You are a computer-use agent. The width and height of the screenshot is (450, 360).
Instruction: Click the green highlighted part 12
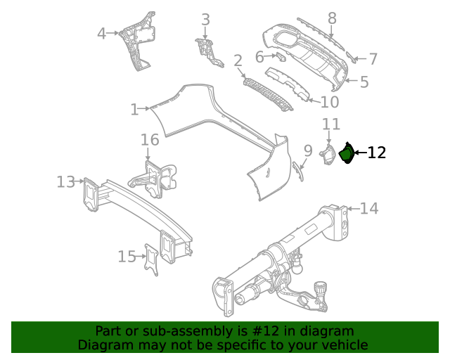(x=347, y=154)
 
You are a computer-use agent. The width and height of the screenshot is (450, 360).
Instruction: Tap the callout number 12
(x=377, y=153)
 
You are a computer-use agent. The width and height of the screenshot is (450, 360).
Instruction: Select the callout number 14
(x=369, y=208)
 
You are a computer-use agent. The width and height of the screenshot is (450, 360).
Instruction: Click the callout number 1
(x=134, y=109)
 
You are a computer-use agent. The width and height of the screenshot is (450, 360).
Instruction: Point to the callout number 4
(x=101, y=33)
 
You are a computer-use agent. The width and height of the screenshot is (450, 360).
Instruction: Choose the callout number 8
(x=332, y=18)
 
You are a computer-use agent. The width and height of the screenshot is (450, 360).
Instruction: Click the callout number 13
(x=65, y=182)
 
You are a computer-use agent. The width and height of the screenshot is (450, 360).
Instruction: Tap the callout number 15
(x=127, y=257)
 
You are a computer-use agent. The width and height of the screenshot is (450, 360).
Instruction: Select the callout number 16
(x=150, y=140)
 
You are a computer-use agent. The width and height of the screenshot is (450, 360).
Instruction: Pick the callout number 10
(x=329, y=103)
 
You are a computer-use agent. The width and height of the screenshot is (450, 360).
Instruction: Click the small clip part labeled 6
(x=281, y=57)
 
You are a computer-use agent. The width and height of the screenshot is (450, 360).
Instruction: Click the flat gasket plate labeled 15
(x=152, y=259)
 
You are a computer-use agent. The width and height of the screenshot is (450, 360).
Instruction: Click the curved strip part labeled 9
(x=299, y=171)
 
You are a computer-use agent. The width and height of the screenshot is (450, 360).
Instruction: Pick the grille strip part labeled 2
(x=267, y=94)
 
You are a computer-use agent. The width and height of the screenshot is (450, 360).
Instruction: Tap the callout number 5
(x=364, y=82)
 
